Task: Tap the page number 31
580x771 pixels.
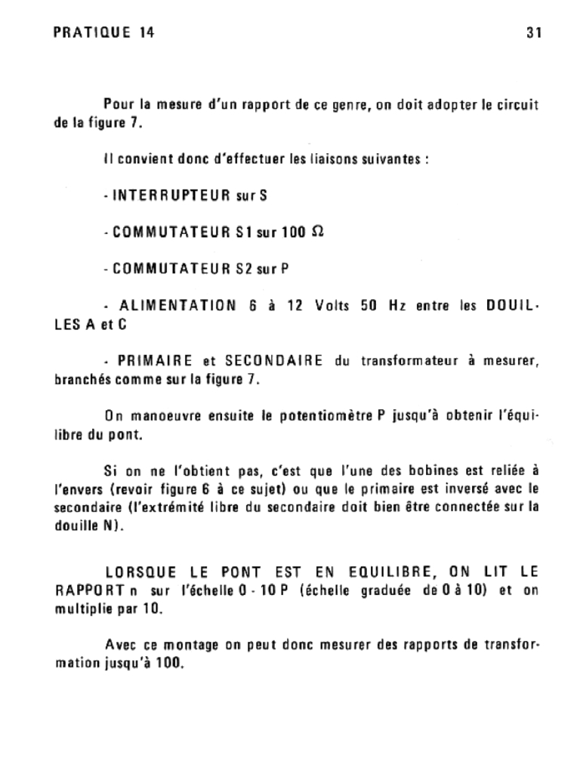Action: coord(534,32)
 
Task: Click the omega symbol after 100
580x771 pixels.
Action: coord(317,231)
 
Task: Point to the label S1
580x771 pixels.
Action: coord(243,232)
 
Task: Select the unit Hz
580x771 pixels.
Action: coord(396,306)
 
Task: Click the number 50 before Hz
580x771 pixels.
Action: coord(369,306)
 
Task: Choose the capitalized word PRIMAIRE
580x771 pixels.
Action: coord(151,361)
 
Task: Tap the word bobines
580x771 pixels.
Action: coord(424,470)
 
